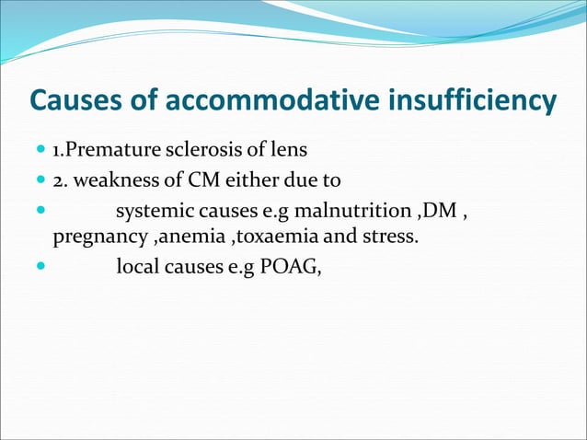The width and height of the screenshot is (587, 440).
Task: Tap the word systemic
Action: [x=150, y=213]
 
